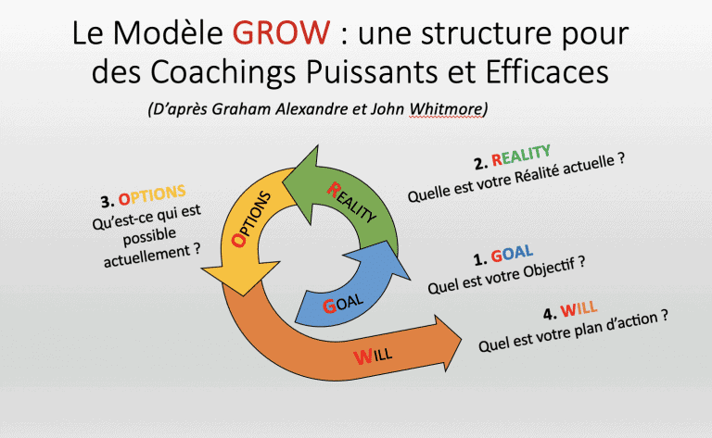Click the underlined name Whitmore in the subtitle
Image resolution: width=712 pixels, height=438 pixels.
point(447,109)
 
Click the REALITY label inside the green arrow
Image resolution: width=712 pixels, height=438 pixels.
point(352,201)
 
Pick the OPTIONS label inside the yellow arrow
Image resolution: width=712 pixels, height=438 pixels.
point(251,219)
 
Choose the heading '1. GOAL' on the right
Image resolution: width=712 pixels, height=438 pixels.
point(498,257)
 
